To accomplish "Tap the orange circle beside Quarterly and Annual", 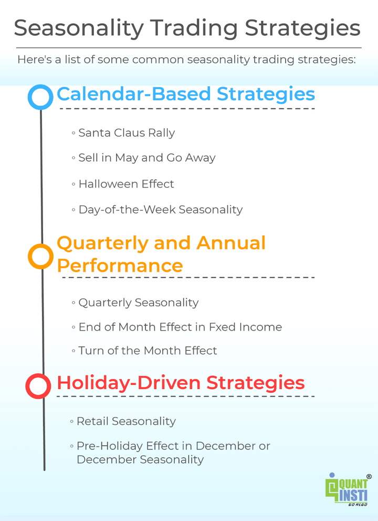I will (x=40, y=257).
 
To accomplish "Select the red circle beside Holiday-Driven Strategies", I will (x=38, y=386).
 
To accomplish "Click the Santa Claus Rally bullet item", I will (x=126, y=133).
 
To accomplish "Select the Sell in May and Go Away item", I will (x=146, y=158).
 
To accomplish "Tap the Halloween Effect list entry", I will (x=125, y=184).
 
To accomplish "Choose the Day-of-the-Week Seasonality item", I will (x=160, y=210).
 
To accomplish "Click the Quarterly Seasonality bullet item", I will (x=138, y=303).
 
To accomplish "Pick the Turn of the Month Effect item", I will (x=147, y=351).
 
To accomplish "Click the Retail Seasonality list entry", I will (x=125, y=421).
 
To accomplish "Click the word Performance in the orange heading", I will (x=120, y=265).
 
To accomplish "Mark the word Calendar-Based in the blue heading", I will (x=133, y=94).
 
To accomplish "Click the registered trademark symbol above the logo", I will (x=369, y=477).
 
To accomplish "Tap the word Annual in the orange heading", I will (x=230, y=243).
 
